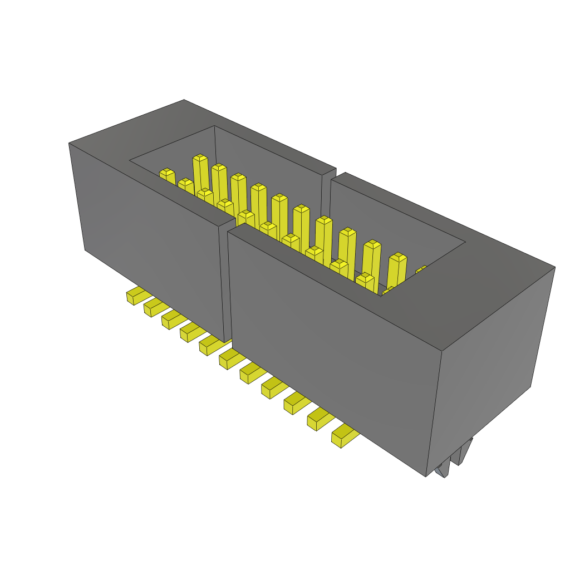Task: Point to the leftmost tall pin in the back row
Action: coord(200,173)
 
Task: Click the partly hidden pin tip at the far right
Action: coord(421,271)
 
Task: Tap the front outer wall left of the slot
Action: coord(150,234)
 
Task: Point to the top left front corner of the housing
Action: coord(70,144)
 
